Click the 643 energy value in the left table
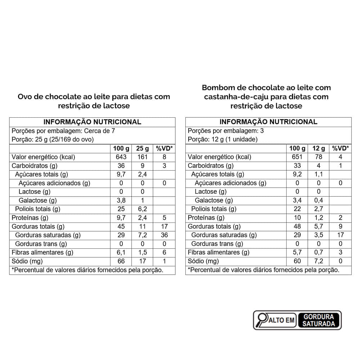[x=121, y=157]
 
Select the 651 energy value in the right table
[x=297, y=157]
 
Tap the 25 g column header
[x=142, y=148]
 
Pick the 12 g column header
[x=318, y=148]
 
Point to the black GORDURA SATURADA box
[x=319, y=320]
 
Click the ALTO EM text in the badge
[x=282, y=320]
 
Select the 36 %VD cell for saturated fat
[x=164, y=235]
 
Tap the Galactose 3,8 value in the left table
[x=121, y=201]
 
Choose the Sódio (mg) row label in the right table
[x=203, y=261]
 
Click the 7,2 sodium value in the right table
[x=318, y=261]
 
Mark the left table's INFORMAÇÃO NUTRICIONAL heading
[x=92, y=122]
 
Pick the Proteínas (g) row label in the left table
[x=30, y=218]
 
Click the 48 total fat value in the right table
[x=297, y=226]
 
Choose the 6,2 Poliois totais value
[x=142, y=209]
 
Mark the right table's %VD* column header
[x=340, y=148]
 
